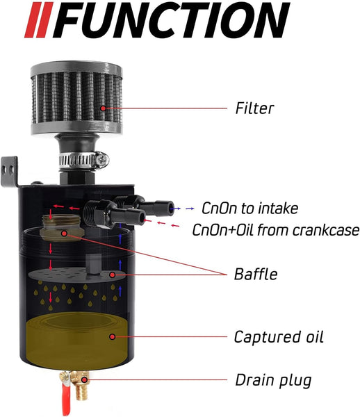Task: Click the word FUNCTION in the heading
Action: [x=171, y=20]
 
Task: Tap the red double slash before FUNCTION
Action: [x=39, y=20]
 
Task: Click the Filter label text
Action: [x=254, y=108]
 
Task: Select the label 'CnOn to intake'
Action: [x=249, y=208]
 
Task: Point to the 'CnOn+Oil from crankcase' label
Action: [x=276, y=230]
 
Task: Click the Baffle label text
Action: [x=256, y=274]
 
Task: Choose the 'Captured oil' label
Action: [x=279, y=337]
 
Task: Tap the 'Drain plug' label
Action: [x=273, y=380]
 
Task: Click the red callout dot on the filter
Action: [x=103, y=108]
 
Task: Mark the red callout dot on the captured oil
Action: [x=113, y=337]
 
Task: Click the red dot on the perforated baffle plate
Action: [x=113, y=275]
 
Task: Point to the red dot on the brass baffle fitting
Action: [x=64, y=234]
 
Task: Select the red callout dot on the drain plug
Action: [x=84, y=379]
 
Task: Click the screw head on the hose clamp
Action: [x=102, y=160]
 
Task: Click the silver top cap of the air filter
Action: [x=76, y=68]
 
